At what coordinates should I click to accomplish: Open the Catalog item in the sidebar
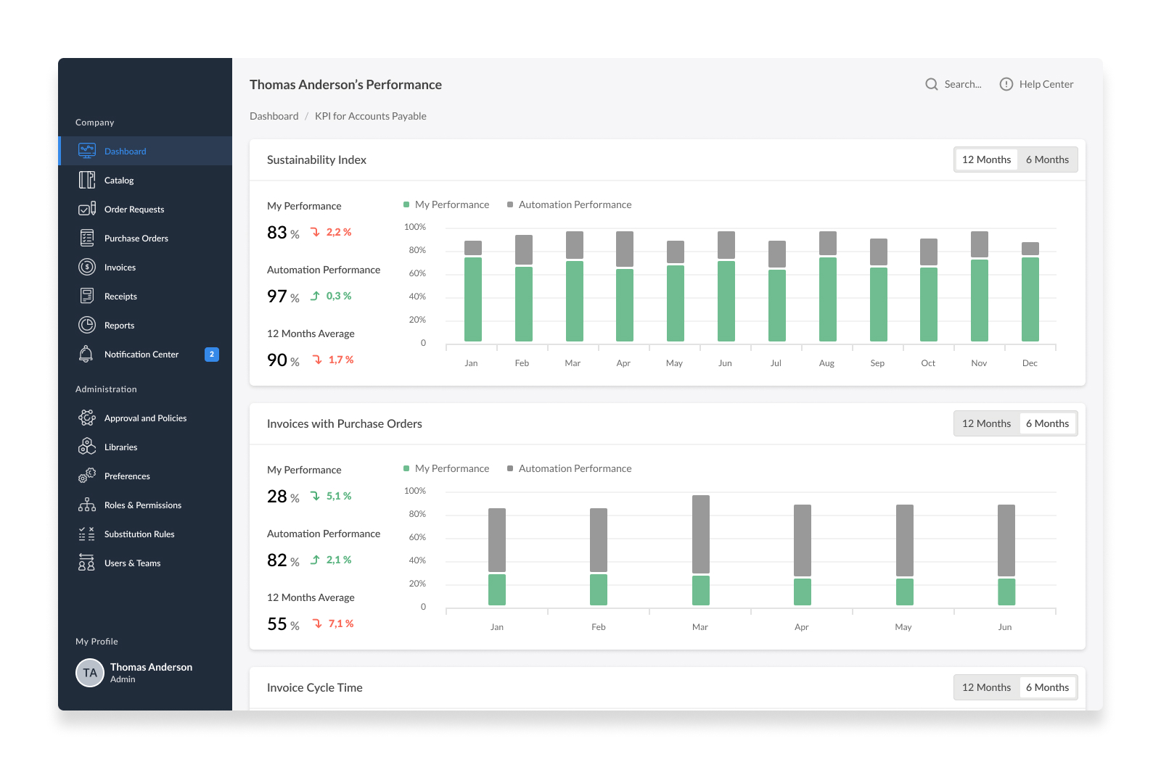pyautogui.click(x=119, y=181)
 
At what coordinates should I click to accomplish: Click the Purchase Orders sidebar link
pyautogui.click(x=136, y=239)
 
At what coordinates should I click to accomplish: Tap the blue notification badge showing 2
pyautogui.click(x=211, y=355)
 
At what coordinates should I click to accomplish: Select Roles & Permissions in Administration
pyautogui.click(x=142, y=505)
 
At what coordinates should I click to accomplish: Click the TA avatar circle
pyautogui.click(x=90, y=672)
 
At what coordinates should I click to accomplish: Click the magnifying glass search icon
pyautogui.click(x=932, y=84)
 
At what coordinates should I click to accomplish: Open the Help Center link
pyautogui.click(x=1037, y=84)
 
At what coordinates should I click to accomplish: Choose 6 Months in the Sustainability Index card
pyautogui.click(x=1047, y=159)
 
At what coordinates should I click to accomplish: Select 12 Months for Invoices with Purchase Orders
pyautogui.click(x=986, y=423)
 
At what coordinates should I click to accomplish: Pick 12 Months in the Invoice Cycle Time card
pyautogui.click(x=986, y=687)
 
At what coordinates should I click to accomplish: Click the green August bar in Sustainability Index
pyautogui.click(x=827, y=299)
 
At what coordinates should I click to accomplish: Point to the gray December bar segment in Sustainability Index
pyautogui.click(x=1030, y=249)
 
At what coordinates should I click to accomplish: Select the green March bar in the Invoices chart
pyautogui.click(x=701, y=590)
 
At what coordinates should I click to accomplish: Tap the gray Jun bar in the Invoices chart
pyautogui.click(x=1006, y=540)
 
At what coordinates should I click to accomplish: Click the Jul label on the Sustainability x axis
pyautogui.click(x=776, y=363)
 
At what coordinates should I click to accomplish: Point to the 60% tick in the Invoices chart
pyautogui.click(x=417, y=537)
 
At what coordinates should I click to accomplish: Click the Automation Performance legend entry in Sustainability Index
pyautogui.click(x=569, y=204)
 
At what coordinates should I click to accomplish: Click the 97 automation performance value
pyautogui.click(x=276, y=297)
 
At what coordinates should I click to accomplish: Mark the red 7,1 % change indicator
pyautogui.click(x=333, y=623)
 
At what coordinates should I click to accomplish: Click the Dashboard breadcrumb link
pyautogui.click(x=274, y=116)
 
